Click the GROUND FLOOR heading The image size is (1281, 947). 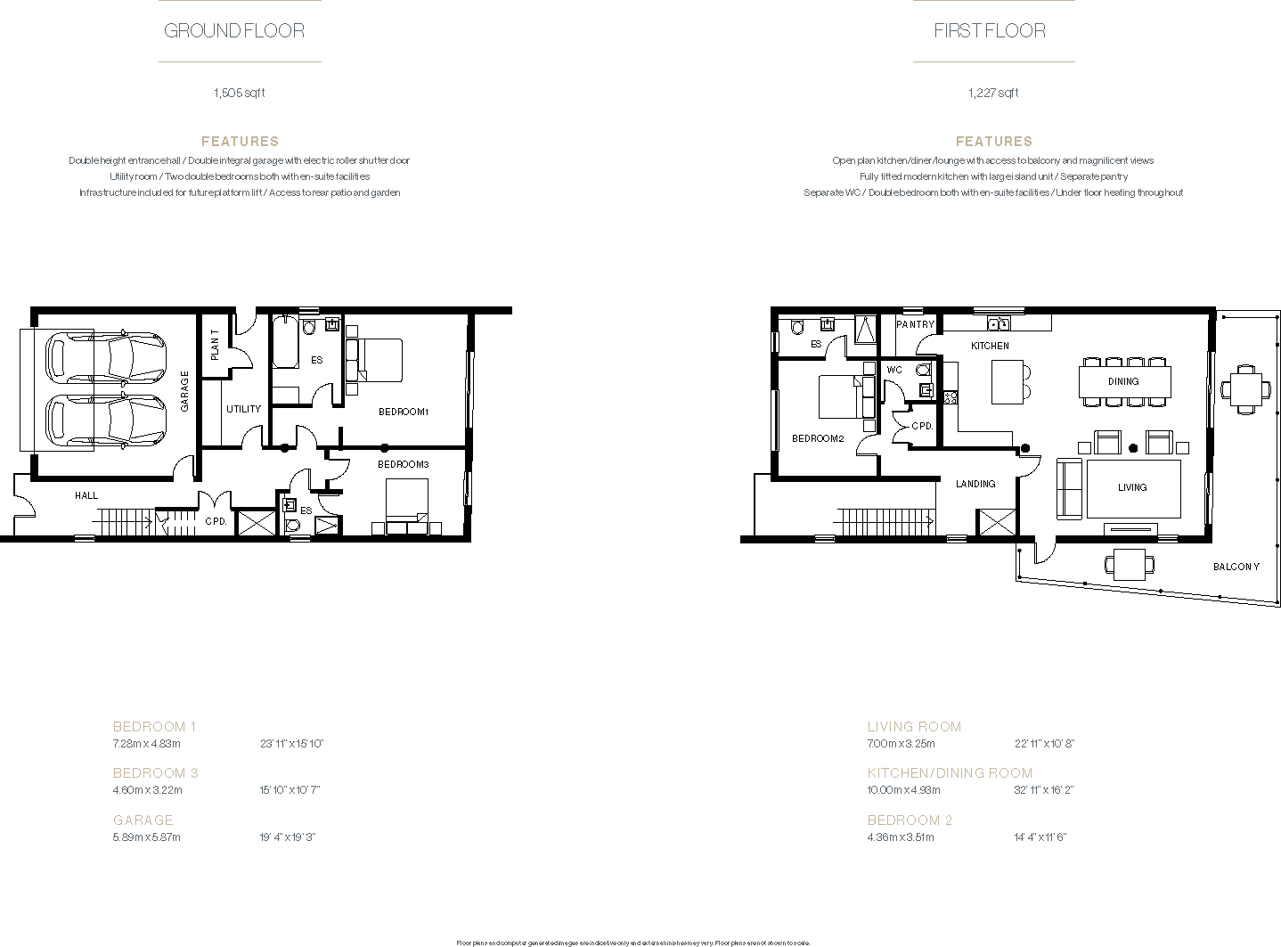(234, 30)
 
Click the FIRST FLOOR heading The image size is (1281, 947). (989, 30)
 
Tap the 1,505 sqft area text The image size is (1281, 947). (239, 93)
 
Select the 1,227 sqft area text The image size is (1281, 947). (993, 93)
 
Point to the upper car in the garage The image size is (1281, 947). (105, 357)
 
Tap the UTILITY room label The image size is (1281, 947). (243, 409)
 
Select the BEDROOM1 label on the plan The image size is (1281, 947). (404, 412)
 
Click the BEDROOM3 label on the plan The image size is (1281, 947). (403, 464)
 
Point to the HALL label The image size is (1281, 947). (86, 495)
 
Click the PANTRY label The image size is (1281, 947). (915, 324)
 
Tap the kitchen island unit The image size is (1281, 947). (1010, 382)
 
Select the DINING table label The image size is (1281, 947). (1123, 381)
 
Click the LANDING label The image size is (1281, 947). (975, 484)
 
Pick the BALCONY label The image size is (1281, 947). (1236, 567)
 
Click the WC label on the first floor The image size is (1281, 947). (894, 370)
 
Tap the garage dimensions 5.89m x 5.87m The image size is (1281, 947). (147, 837)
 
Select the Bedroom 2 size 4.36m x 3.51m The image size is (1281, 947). (901, 837)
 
